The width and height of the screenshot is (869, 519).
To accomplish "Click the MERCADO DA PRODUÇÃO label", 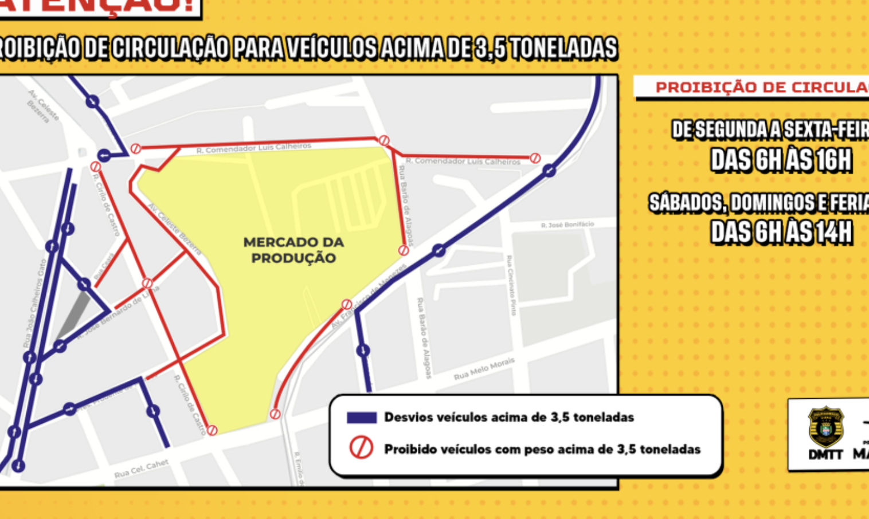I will click(293, 250).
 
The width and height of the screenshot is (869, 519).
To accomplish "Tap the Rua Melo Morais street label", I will click(484, 369).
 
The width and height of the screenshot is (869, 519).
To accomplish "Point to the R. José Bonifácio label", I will click(567, 225).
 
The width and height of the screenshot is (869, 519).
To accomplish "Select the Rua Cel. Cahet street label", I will click(141, 469).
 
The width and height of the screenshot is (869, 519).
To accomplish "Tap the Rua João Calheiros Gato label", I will click(34, 304).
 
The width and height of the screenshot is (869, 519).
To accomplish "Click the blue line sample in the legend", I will click(362, 418).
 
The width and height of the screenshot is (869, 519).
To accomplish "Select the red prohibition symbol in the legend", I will click(362, 448).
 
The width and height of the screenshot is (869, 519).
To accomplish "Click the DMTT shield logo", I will click(825, 427).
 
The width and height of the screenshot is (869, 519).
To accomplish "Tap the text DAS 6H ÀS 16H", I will click(781, 160).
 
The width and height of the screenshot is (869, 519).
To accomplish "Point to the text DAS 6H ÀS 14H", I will click(781, 232).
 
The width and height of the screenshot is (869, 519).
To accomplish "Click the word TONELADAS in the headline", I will click(564, 48).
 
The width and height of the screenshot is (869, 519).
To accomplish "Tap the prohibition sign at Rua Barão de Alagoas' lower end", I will click(404, 250).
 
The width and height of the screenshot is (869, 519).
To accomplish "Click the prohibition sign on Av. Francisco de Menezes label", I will click(346, 304).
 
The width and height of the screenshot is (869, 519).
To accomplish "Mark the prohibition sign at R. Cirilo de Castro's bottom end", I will click(212, 430).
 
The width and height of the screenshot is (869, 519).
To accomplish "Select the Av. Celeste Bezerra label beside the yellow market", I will click(175, 230).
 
